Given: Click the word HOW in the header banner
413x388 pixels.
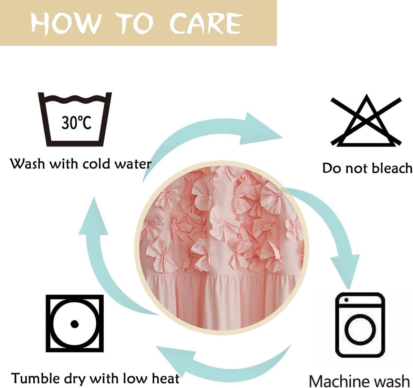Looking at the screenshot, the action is click(66, 23).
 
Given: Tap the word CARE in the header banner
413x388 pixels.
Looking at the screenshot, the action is click(206, 23).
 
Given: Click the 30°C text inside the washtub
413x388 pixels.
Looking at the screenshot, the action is click(76, 123).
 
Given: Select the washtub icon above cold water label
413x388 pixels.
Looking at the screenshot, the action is click(75, 119).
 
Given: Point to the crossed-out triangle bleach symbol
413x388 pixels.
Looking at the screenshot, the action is click(366, 121).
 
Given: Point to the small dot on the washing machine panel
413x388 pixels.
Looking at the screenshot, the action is click(346, 300).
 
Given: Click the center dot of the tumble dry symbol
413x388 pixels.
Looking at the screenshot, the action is click(74, 324).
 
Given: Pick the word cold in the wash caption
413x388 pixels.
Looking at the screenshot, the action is click(96, 164).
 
